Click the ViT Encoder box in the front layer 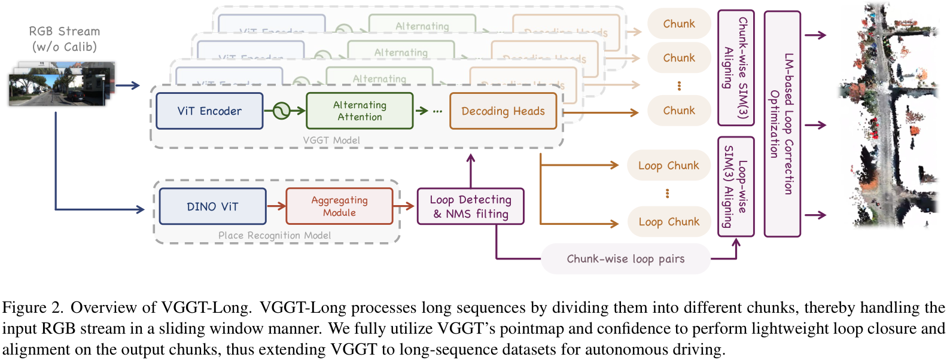209,111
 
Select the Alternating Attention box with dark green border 360,111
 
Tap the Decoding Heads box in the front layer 503,111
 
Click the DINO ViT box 212,206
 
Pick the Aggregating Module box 339,206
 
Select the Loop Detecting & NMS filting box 470,206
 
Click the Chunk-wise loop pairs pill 626,259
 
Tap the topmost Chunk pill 679,24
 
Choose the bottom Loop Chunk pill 668,222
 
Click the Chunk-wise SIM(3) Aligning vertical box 736,68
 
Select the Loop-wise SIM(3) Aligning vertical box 736,187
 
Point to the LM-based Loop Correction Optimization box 782,124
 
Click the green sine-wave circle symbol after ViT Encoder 281,111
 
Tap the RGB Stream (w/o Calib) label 65,39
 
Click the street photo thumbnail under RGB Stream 60,85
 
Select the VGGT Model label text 331,140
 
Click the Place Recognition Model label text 274,236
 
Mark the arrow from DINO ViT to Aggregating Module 276,206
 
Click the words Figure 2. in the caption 32,307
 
